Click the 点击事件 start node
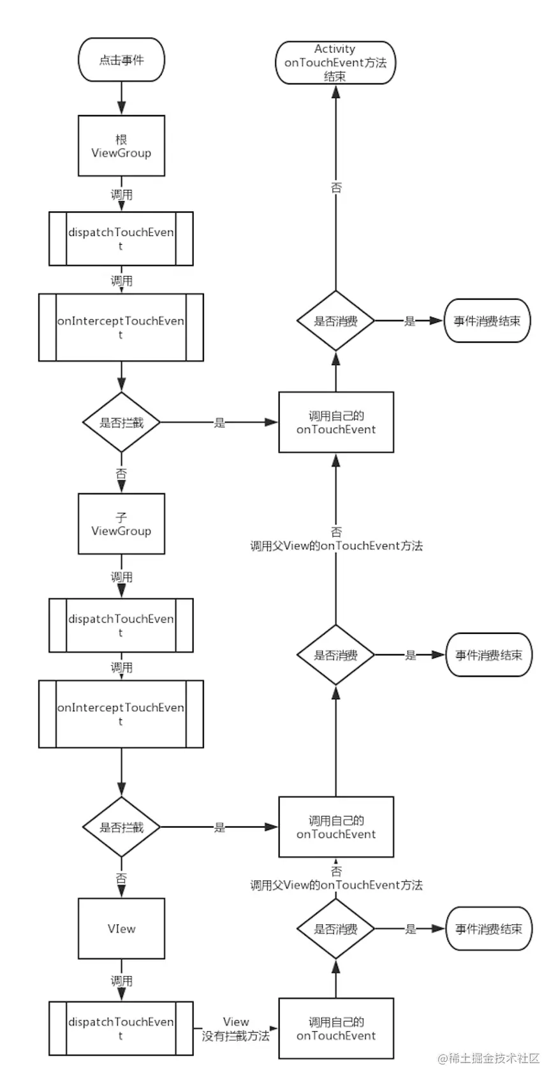121,60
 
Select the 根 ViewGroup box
121,146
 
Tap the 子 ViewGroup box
121,524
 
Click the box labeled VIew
121,929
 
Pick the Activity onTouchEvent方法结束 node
335,63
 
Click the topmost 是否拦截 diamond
121,422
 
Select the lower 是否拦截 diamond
121,827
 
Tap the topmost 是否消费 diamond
335,321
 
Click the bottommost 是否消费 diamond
335,929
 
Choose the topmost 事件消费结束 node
487,321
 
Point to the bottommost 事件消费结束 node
488,929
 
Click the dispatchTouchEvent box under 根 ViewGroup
121,239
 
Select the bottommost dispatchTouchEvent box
121,1028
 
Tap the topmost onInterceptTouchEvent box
121,327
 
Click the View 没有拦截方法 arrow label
236,1029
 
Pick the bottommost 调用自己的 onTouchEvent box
335,1029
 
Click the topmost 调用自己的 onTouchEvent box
335,422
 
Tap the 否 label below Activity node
336,188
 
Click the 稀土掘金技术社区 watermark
489,1058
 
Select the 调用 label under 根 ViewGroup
121,195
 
